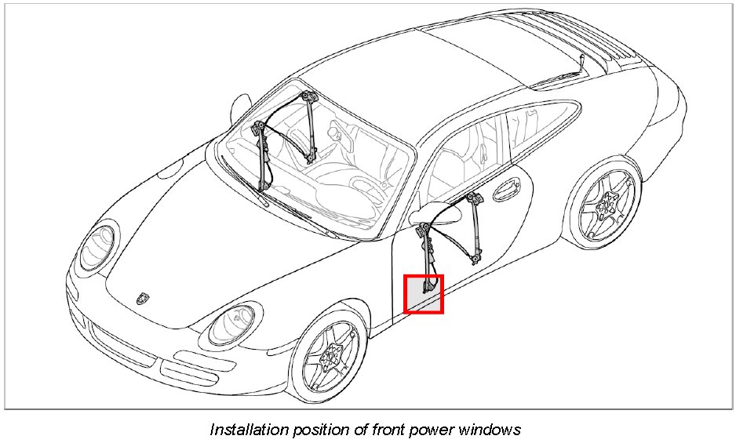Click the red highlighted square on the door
click(424, 294)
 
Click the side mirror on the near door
click(430, 212)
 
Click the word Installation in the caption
click(248, 430)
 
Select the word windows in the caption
click(487, 430)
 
